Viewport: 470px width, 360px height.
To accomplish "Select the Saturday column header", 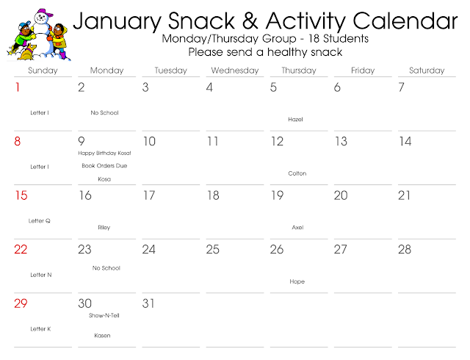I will click(427, 71).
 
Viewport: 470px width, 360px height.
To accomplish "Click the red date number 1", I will click(18, 87).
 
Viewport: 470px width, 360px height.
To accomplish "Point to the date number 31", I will click(148, 303).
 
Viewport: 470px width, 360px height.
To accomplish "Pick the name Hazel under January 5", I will click(295, 119).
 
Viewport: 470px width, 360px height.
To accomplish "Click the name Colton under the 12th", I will click(297, 173).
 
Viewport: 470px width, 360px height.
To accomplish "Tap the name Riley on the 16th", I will click(104, 228).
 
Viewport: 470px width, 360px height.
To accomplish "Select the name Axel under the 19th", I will click(297, 228).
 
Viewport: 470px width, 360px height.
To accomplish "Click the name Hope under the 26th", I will click(297, 281).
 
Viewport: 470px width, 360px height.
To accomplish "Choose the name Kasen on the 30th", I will click(104, 336).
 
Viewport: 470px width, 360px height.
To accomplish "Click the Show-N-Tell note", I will click(104, 315).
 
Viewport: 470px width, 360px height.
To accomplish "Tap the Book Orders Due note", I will click(104, 166).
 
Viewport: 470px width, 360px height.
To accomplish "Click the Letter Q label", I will click(40, 220).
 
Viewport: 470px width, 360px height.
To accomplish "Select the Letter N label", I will click(40, 274).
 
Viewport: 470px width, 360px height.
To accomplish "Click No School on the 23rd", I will click(106, 268).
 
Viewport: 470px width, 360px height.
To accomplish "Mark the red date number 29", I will click(21, 303).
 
